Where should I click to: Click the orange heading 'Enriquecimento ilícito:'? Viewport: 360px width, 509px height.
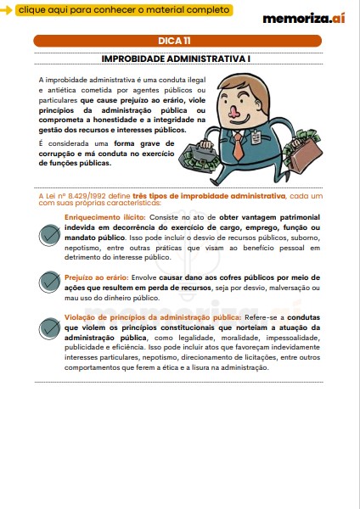pyautogui.click(x=103, y=216)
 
